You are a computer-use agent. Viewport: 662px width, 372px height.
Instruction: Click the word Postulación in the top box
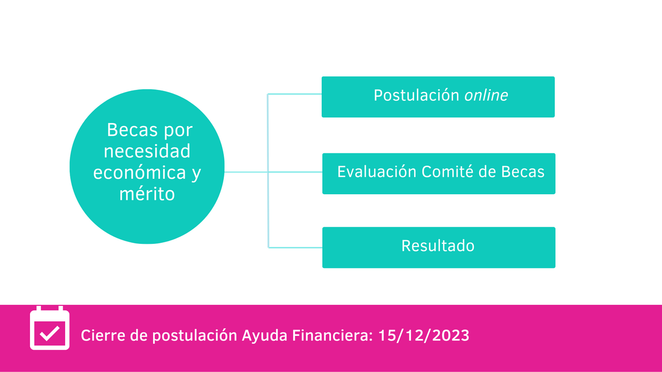click(416, 96)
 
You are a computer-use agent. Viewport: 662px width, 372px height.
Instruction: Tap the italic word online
click(486, 96)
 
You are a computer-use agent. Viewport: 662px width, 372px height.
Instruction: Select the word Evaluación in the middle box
click(377, 172)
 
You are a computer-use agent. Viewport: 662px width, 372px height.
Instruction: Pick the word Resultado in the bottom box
click(438, 245)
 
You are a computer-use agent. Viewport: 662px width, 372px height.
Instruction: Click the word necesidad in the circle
click(147, 151)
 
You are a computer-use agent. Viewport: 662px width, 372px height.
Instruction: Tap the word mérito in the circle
click(147, 194)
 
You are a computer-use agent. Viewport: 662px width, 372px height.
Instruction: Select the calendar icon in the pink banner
click(50, 328)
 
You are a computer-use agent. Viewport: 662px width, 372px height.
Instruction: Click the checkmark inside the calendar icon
click(50, 334)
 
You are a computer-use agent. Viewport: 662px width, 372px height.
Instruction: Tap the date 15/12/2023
click(424, 335)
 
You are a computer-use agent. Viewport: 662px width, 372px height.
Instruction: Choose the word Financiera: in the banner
click(333, 336)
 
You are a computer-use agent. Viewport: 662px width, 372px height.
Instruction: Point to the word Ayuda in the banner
click(264, 336)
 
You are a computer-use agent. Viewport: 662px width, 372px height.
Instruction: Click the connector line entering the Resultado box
click(295, 247)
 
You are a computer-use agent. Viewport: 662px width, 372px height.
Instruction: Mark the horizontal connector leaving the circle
click(246, 172)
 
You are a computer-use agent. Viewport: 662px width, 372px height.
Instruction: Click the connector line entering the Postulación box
click(295, 94)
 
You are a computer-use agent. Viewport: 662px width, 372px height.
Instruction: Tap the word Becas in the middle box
click(522, 172)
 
